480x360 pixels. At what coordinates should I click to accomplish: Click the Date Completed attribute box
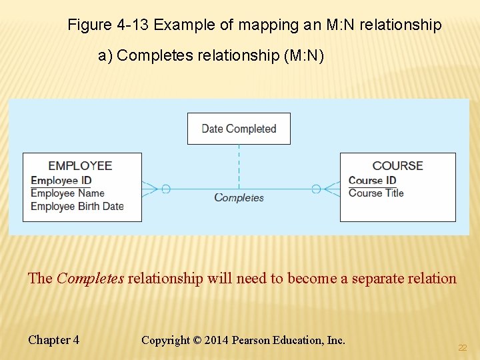point(239,129)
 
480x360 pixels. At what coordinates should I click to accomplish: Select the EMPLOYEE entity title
point(80,165)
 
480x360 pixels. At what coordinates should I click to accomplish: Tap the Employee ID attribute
point(61,180)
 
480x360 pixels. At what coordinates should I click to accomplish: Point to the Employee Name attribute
point(67,193)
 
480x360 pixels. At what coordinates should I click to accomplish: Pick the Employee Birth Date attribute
point(77,206)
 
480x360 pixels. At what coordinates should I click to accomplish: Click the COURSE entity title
point(397,165)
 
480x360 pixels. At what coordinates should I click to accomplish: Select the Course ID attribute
point(372,180)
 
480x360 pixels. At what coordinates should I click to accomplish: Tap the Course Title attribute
point(376,193)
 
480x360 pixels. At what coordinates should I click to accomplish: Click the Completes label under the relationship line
point(239,197)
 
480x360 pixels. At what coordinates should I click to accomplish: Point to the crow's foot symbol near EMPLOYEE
point(151,189)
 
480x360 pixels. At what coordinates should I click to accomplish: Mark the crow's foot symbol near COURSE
point(331,189)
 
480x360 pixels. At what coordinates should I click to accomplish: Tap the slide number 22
point(462,348)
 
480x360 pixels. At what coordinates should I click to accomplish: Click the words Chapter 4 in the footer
point(53,340)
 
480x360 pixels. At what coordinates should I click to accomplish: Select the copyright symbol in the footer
point(197,340)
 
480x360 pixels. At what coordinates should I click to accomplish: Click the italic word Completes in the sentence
point(90,279)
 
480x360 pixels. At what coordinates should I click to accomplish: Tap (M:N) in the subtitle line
point(304,55)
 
